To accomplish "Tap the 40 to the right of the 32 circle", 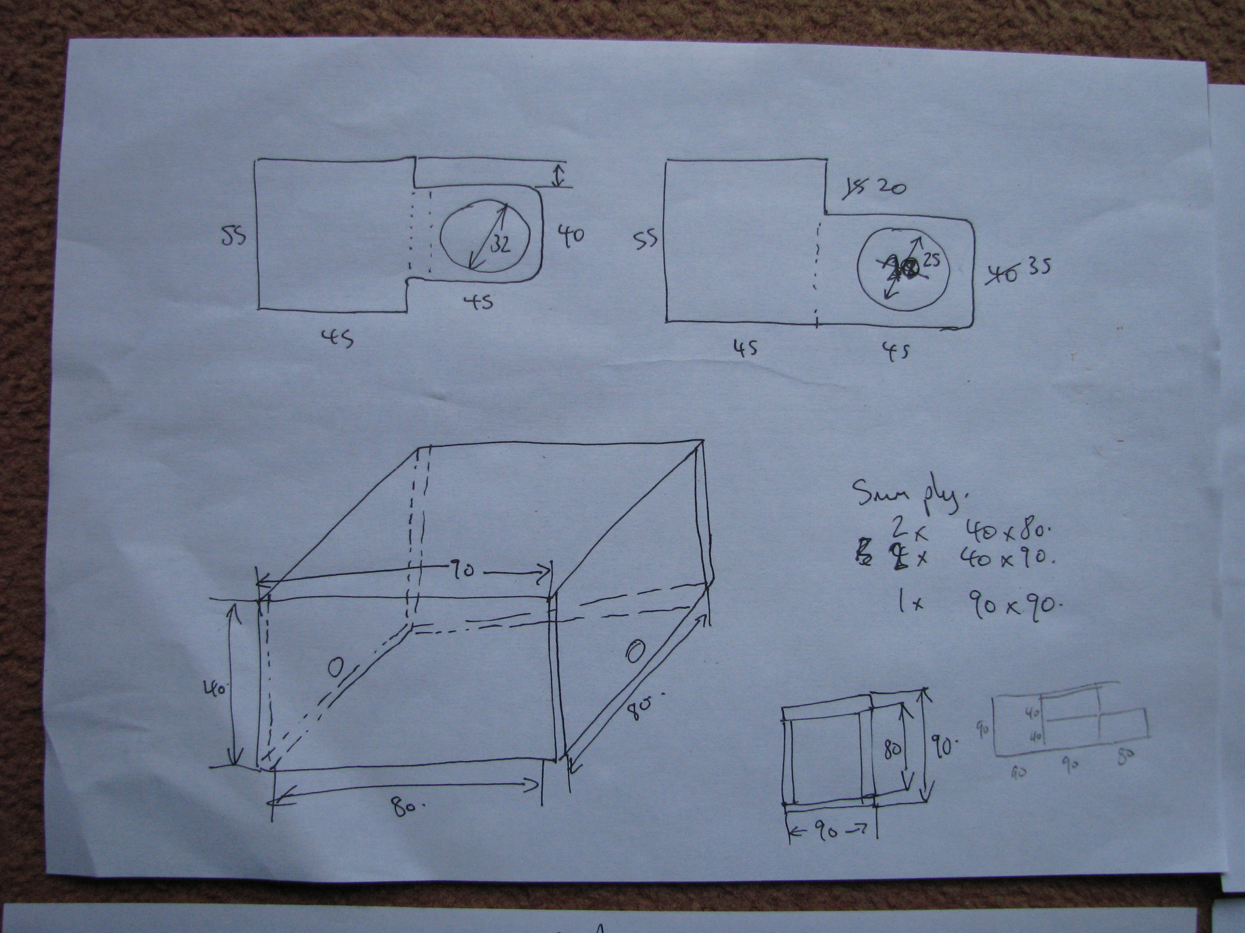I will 571,236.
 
